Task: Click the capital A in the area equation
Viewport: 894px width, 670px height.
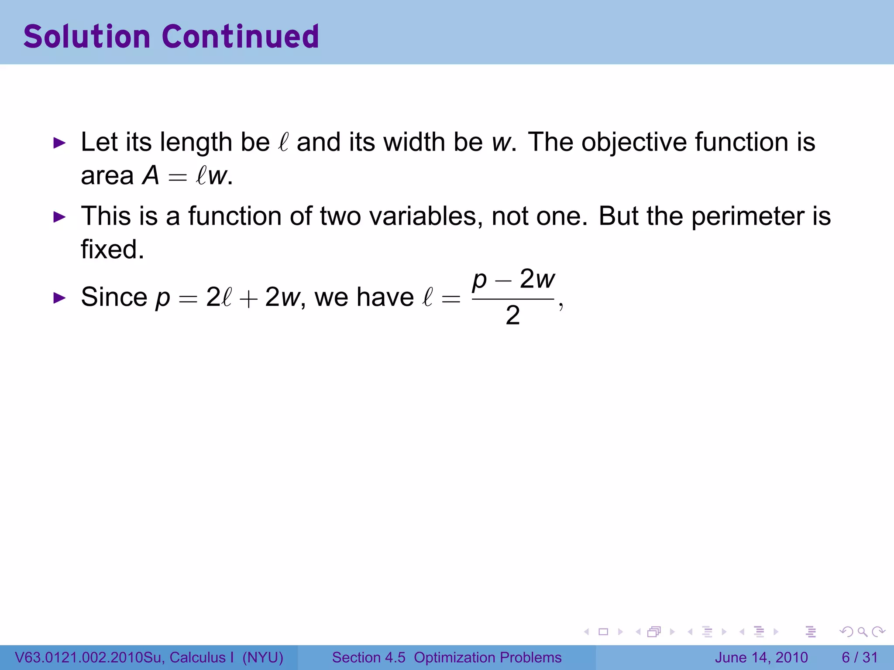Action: point(151,176)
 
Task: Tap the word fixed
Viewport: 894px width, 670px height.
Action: point(112,250)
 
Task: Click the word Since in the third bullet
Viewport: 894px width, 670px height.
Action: point(114,297)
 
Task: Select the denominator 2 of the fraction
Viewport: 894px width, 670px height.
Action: point(513,315)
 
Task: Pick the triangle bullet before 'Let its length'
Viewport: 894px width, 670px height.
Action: point(59,143)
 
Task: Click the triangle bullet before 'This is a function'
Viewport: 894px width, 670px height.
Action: point(59,216)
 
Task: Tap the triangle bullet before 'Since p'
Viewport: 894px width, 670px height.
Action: point(59,298)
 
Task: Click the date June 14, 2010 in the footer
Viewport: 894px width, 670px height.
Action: point(761,657)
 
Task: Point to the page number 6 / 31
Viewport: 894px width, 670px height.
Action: point(860,657)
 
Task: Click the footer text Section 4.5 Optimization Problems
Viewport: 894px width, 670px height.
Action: point(447,657)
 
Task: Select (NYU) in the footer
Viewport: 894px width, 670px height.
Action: point(263,657)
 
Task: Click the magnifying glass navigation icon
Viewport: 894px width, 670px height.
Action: point(863,632)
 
